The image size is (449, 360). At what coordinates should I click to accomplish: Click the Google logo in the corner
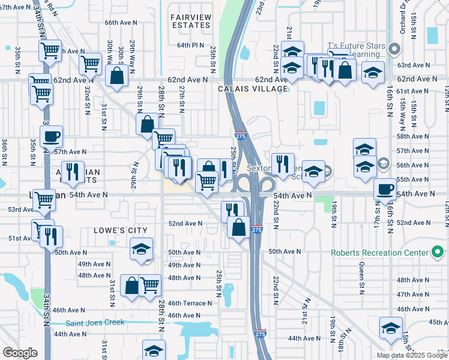click(20, 352)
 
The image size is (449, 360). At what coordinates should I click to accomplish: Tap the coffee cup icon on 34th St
click(51, 136)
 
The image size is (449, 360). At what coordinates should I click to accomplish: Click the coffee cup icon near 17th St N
click(385, 189)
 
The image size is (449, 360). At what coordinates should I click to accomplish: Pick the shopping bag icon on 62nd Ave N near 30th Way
click(116, 76)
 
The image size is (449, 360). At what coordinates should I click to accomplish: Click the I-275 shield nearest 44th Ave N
click(259, 334)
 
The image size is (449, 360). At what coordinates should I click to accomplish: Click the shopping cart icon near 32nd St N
click(90, 62)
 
